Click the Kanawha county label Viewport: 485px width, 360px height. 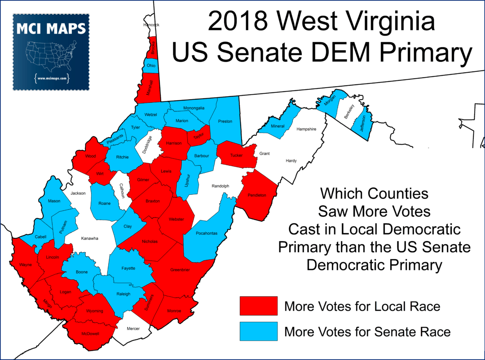pos(89,238)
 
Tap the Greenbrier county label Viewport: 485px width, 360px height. pos(180,270)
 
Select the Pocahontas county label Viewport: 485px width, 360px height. pos(207,233)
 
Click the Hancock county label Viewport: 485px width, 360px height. pos(151,25)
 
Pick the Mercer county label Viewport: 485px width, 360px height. pos(133,329)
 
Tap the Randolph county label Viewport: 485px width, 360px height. pos(220,186)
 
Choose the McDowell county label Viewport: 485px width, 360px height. pos(90,334)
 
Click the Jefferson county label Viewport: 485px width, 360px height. pos(364,123)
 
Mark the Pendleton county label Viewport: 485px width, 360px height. pos(257,195)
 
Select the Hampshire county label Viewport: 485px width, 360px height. pos(306,129)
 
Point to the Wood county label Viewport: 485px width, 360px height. pos(90,157)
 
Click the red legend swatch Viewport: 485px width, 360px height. pos(258,306)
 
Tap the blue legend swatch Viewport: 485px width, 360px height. pos(258,332)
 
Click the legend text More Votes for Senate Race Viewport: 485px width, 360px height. pos(367,332)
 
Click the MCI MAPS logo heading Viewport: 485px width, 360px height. pos(51,29)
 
